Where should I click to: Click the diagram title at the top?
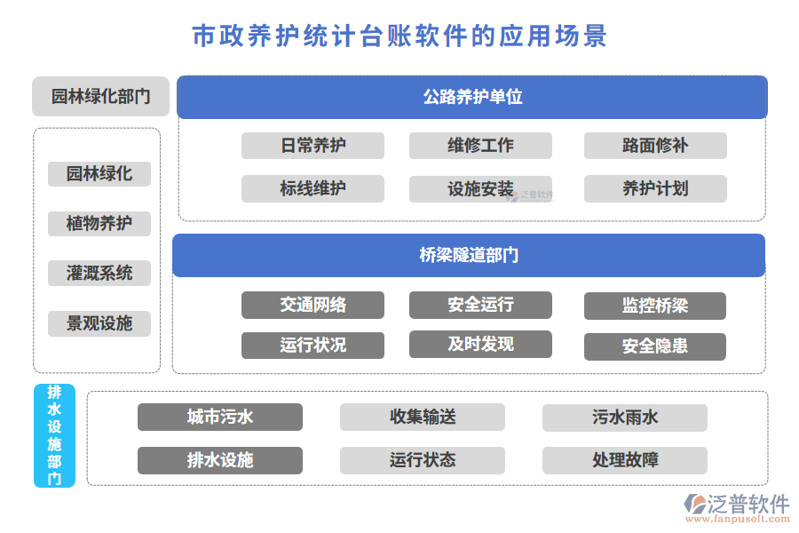point(399,36)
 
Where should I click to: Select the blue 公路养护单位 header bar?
point(471,97)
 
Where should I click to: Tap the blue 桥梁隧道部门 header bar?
point(468,255)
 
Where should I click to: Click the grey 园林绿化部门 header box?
point(100,97)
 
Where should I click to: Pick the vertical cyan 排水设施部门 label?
point(54,435)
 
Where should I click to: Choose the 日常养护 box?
point(312,146)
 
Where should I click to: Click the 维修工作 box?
point(480,146)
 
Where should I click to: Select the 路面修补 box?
point(655,146)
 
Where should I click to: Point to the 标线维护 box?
point(312,188)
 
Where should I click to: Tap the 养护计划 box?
point(655,188)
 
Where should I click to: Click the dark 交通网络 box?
point(312,305)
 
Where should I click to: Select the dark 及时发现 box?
point(480,344)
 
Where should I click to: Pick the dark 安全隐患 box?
point(655,346)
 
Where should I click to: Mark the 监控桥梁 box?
point(655,306)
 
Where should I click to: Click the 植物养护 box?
point(99,224)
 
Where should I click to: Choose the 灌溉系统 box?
point(99,274)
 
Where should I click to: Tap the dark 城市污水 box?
point(220,417)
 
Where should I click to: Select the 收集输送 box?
point(423,417)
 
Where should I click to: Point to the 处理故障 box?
point(625,460)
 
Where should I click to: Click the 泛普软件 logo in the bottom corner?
point(736,507)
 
